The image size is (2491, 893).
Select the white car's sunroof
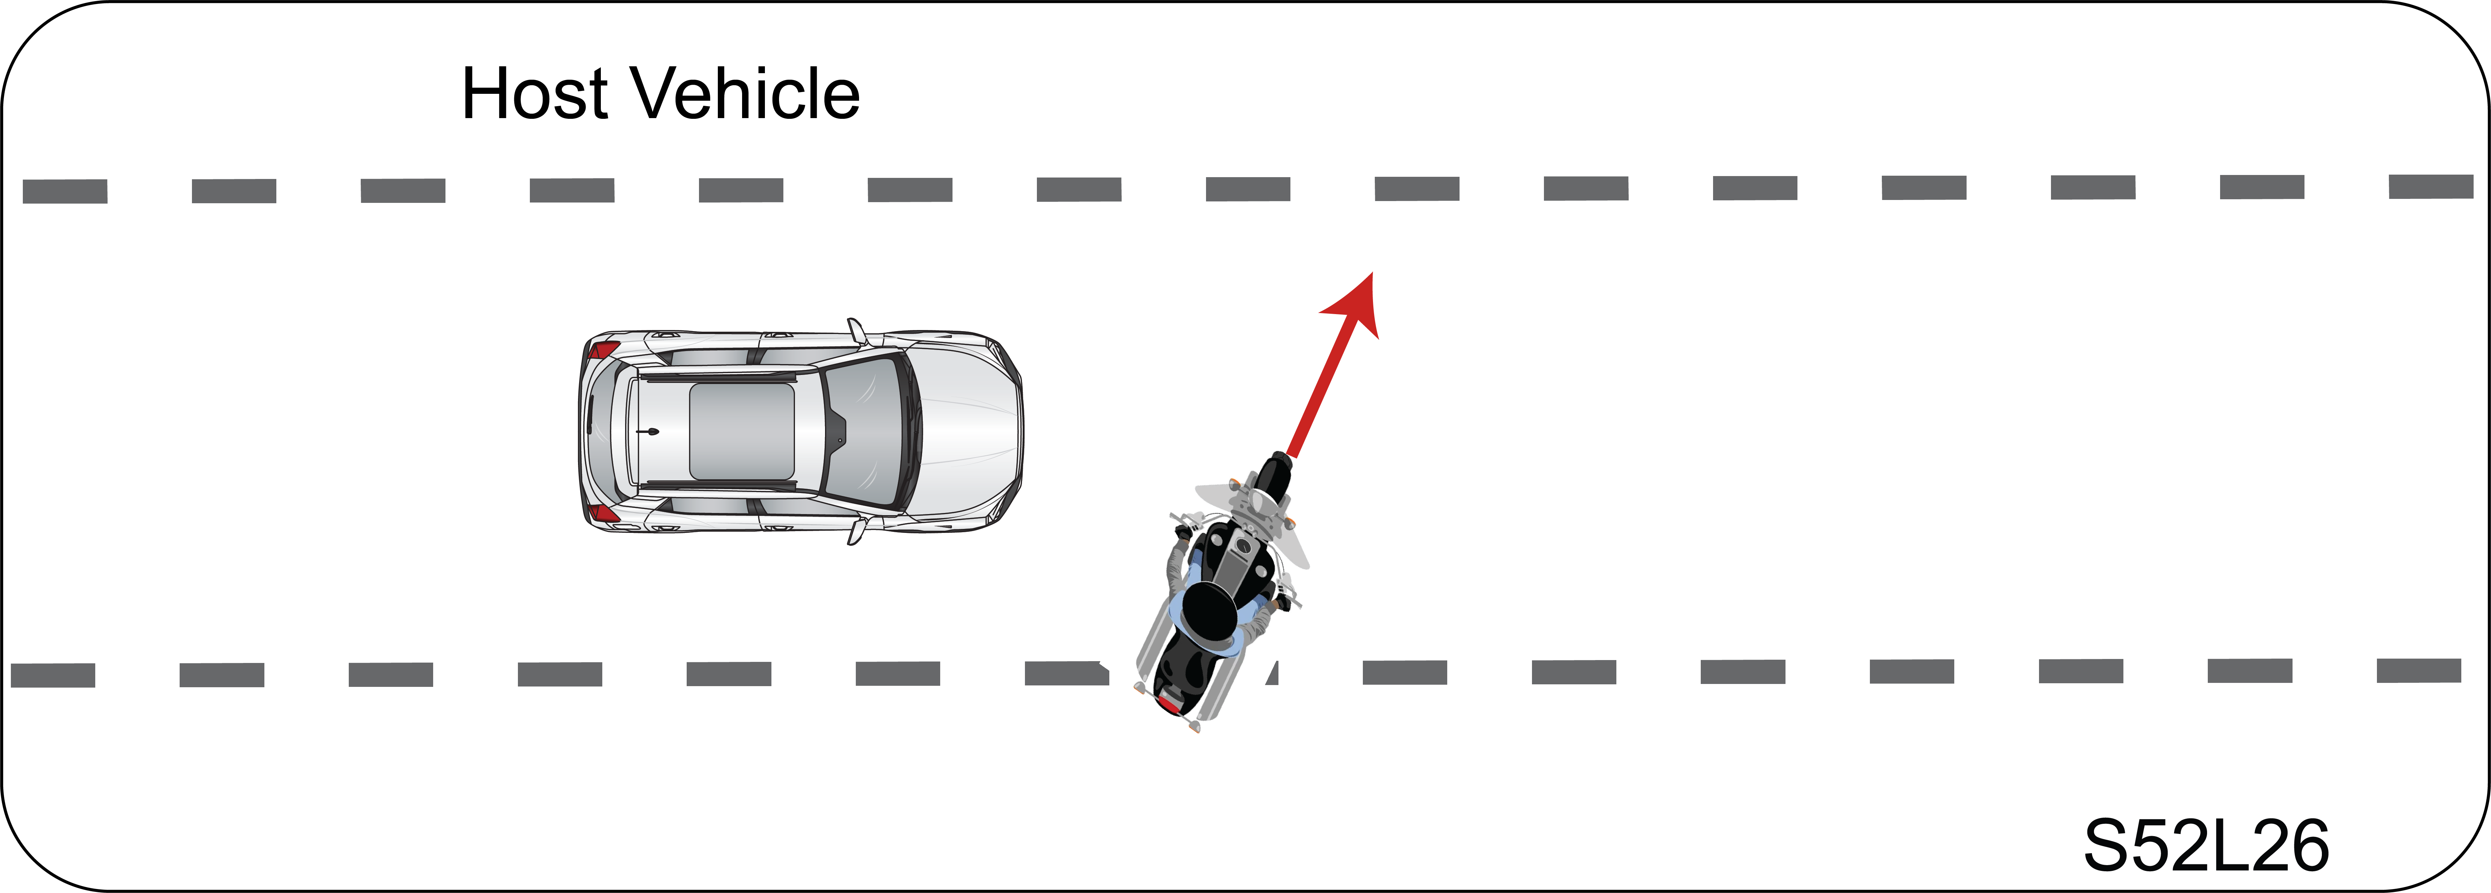click(742, 431)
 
